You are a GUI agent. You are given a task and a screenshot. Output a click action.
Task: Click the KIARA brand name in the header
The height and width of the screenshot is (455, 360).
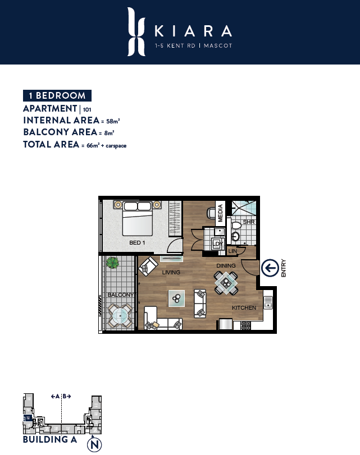[193, 31]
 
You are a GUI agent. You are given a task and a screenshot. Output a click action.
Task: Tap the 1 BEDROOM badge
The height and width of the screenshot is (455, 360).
[57, 95]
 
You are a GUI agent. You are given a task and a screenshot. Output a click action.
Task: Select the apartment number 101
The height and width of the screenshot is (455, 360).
[87, 110]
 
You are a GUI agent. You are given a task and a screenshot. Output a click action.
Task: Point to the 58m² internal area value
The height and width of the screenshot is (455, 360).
[113, 121]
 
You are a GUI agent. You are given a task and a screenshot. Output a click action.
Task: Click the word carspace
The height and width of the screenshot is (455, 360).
[116, 146]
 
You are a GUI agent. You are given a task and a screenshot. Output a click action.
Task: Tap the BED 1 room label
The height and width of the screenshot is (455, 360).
[137, 242]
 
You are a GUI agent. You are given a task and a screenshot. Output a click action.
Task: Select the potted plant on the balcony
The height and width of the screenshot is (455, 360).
[112, 263]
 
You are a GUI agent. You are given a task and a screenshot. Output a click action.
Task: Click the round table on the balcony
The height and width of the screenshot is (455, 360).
[120, 315]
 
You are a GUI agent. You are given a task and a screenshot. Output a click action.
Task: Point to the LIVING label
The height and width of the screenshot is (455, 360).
[171, 272]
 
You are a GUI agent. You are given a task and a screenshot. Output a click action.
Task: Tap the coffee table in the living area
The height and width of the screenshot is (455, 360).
[176, 298]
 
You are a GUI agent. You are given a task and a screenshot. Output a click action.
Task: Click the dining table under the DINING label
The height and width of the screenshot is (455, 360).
[226, 283]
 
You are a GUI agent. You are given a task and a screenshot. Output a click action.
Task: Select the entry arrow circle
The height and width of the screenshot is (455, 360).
[270, 268]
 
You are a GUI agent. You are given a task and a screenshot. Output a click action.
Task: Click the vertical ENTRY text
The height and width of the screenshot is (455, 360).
[284, 268]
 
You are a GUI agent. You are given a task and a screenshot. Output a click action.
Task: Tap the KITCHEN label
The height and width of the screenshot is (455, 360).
[244, 307]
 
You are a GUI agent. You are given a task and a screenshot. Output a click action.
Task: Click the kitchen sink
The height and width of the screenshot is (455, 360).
[268, 302]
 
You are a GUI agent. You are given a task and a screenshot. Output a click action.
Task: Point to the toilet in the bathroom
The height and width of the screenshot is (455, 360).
[236, 226]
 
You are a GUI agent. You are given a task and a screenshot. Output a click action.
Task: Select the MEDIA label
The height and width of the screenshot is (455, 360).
[220, 213]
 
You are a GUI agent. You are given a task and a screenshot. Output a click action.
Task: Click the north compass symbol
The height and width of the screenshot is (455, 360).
[95, 444]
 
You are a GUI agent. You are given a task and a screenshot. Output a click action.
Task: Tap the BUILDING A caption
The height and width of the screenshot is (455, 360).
[50, 440]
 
